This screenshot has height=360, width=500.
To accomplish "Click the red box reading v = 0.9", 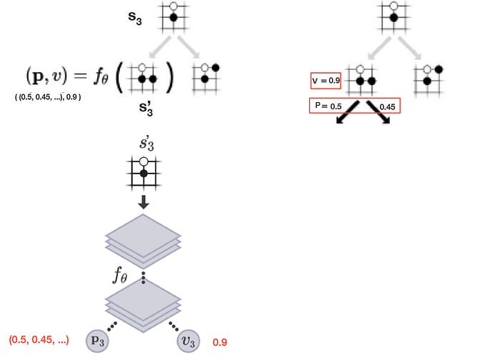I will point(326,81).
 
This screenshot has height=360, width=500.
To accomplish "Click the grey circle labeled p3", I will point(97,341).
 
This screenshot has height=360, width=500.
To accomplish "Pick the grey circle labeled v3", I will point(190,341).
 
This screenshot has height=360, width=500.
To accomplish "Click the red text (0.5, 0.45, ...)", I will point(39,336).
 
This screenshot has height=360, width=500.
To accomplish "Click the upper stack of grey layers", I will point(144,236).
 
